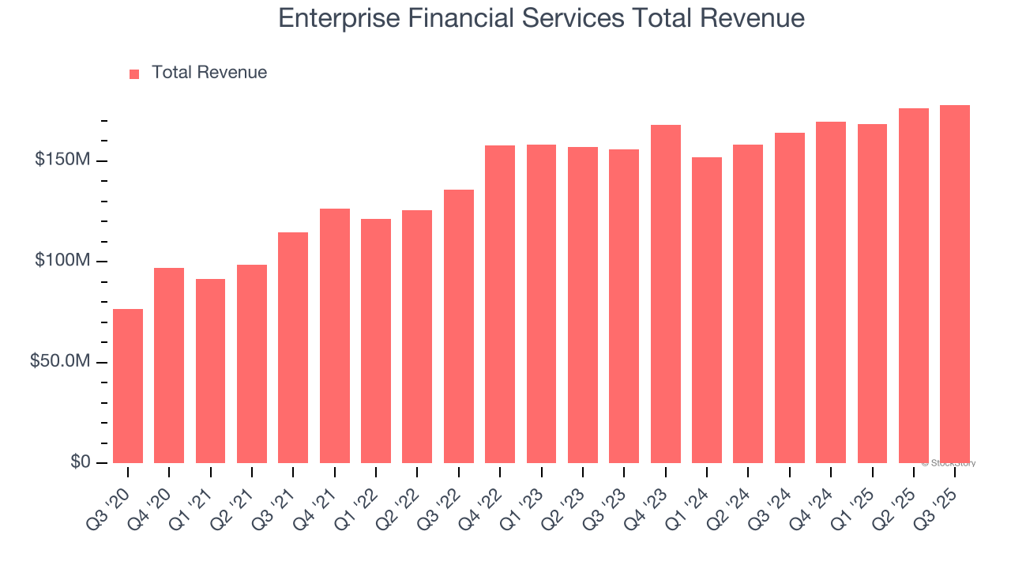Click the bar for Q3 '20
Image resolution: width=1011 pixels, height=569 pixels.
tap(128, 386)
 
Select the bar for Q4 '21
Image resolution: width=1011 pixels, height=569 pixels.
tap(335, 336)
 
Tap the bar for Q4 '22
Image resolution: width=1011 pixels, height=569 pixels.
tap(500, 304)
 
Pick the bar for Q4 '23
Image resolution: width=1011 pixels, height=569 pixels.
tap(665, 294)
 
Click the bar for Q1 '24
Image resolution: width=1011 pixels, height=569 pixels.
tap(707, 310)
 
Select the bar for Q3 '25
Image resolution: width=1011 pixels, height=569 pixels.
tap(955, 284)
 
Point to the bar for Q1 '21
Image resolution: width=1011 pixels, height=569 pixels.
tap(211, 371)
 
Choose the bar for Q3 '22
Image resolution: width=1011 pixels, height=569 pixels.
tap(459, 326)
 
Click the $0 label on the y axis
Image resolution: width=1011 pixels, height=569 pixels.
tap(80, 462)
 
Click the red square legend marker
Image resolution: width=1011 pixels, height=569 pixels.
tap(134, 73)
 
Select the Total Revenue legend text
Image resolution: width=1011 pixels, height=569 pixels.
tap(209, 73)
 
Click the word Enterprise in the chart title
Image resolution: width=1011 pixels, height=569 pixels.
tap(335, 18)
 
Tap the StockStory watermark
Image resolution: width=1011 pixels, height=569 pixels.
tap(949, 463)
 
